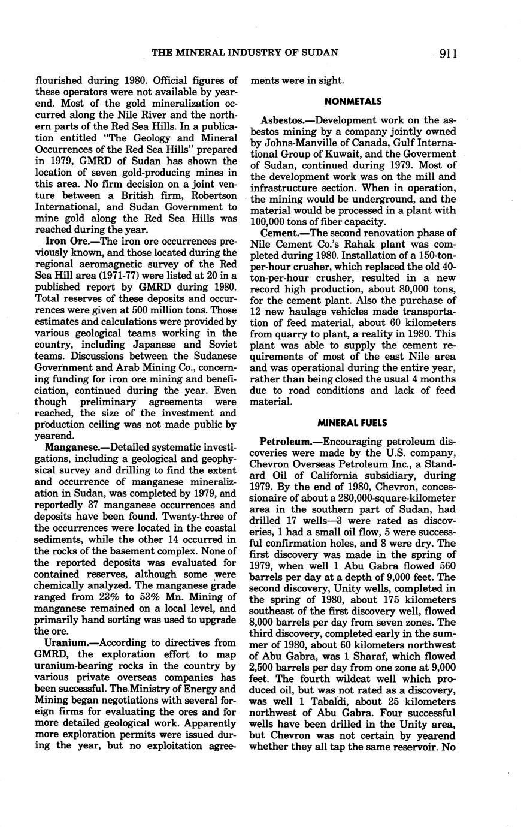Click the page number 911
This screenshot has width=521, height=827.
447,54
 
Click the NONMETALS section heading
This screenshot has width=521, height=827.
353,102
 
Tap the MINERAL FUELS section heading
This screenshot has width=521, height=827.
353,423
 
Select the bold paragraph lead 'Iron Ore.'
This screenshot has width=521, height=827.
64,240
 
